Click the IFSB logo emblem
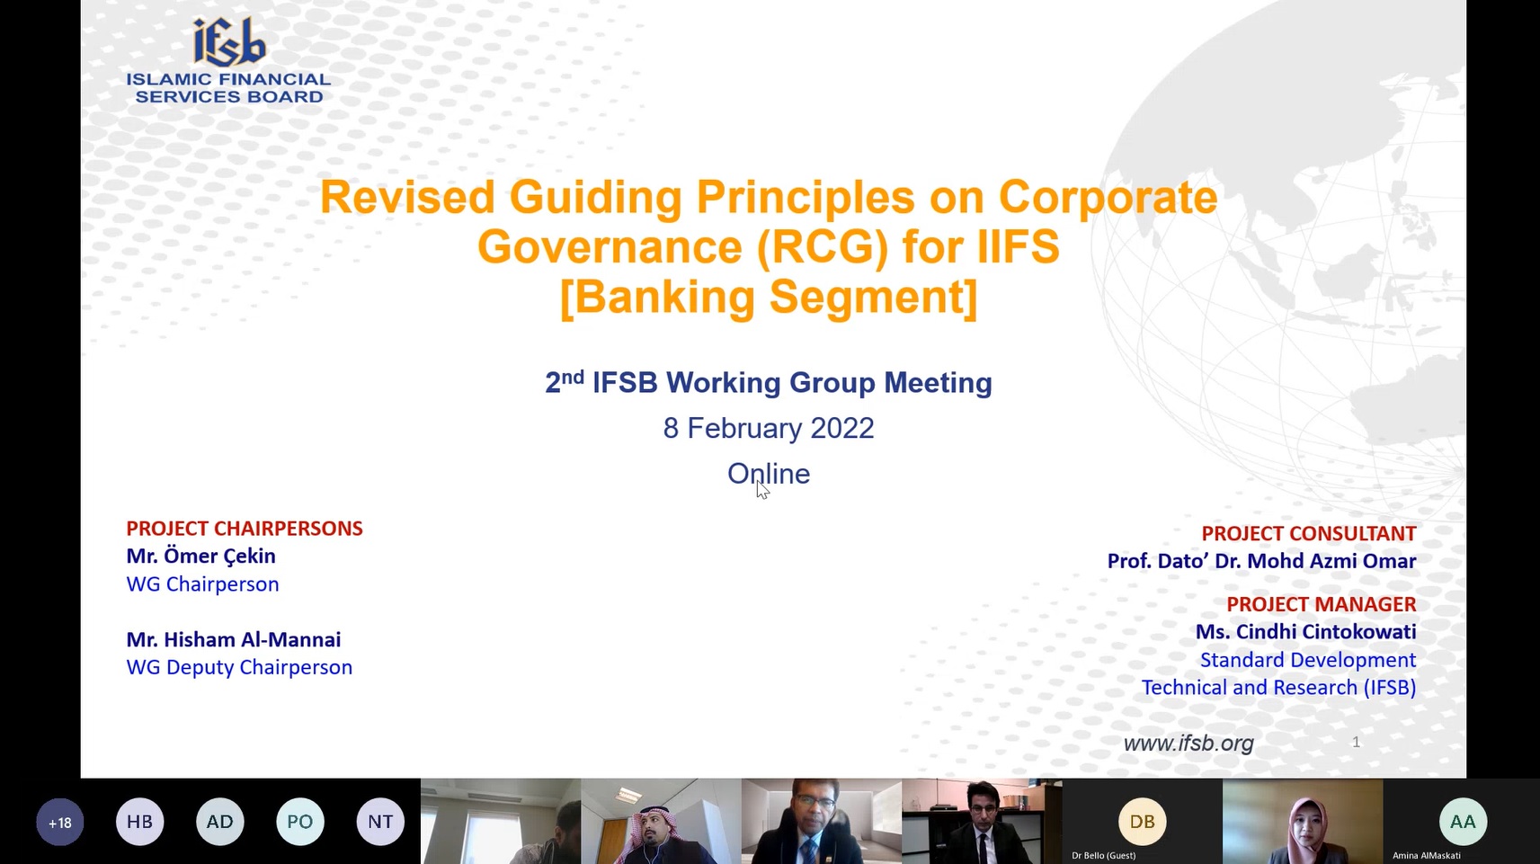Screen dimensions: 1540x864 (229, 41)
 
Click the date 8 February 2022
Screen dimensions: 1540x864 (769, 428)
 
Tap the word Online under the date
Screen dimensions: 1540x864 (769, 474)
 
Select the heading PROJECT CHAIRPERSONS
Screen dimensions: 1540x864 (244, 528)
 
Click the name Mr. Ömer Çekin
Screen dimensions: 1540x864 (200, 556)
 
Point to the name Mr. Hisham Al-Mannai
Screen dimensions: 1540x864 (233, 639)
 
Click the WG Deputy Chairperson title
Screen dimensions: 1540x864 (238, 667)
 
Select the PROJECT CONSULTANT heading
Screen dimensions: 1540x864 (1308, 533)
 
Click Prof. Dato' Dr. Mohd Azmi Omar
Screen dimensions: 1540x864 (1261, 561)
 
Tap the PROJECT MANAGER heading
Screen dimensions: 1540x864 (1322, 604)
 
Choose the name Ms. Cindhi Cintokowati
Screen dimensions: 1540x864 (1305, 632)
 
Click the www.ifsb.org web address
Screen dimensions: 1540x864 (1188, 743)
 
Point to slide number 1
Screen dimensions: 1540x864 (1356, 742)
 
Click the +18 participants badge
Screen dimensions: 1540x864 (60, 822)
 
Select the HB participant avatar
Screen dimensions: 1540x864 (139, 822)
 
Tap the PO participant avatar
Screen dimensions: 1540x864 (299, 822)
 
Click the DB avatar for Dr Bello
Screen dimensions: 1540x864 (1142, 822)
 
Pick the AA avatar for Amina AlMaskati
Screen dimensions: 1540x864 (1463, 822)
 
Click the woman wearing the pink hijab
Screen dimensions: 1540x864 (1303, 829)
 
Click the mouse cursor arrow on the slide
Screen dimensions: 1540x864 (761, 489)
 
